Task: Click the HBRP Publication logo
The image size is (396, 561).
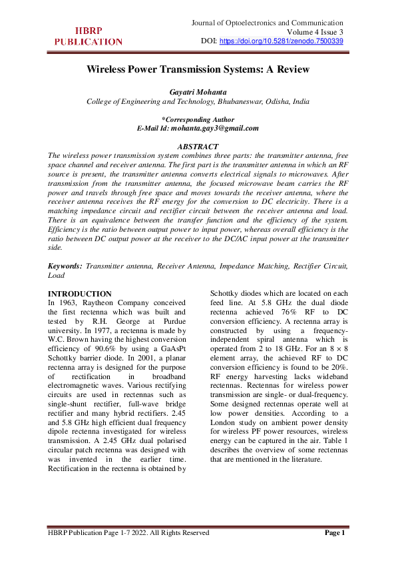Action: coord(89,36)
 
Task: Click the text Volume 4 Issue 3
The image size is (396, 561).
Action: coord(315,32)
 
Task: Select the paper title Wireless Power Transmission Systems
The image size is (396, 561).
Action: coord(198,69)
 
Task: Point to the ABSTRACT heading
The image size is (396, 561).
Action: coord(198,147)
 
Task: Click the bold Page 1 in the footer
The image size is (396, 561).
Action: coord(334,533)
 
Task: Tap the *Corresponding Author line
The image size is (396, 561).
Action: coord(198,120)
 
